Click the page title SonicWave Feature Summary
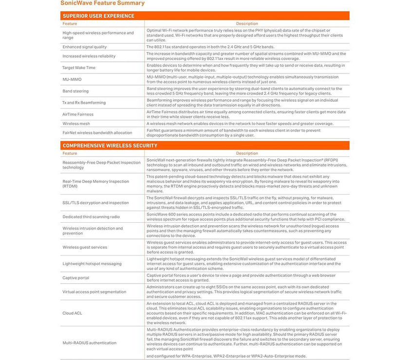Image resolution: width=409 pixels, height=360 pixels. tap(102, 3)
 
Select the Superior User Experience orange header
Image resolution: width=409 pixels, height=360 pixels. tap(98, 16)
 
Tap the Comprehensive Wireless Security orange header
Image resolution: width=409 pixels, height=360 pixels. tap(110, 145)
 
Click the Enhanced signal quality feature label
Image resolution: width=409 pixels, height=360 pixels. tap(84, 47)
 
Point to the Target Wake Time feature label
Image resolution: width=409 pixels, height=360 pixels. tap(79, 68)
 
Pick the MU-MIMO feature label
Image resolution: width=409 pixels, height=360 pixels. tap(72, 79)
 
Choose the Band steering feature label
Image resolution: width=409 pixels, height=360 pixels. tap(75, 91)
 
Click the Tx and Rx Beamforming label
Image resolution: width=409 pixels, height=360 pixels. tap(85, 103)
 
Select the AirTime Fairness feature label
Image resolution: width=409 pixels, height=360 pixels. tap(78, 114)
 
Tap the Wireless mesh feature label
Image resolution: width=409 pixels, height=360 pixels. tap(76, 124)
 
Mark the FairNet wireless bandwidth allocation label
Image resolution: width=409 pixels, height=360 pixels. tap(97, 133)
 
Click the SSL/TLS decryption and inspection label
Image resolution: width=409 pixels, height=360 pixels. tap(95, 203)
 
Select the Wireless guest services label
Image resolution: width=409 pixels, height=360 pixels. tap(85, 247)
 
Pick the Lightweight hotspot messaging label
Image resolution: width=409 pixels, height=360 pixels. tap(92, 264)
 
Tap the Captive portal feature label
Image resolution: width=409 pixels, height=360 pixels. tap(75, 278)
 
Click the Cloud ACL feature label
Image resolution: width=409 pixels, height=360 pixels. tap(72, 313)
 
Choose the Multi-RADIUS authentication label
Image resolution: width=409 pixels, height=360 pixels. tap(89, 343)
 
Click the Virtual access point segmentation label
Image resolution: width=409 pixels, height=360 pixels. tap(94, 292)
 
